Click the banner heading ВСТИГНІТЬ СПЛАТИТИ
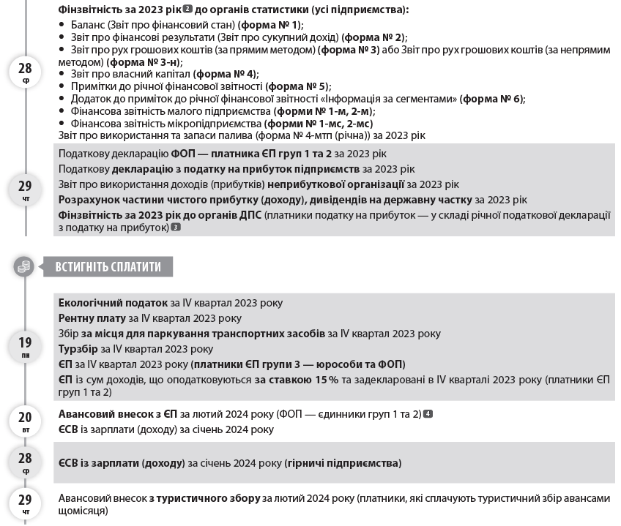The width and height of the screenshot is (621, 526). coord(108,267)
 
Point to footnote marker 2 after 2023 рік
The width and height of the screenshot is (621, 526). coord(187,10)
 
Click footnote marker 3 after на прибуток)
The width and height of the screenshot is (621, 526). coord(175,228)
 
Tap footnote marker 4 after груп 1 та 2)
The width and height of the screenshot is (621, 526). coord(428,414)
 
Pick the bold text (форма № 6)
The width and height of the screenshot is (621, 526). coord(492,99)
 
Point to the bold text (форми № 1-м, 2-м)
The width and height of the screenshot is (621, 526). coord(324,111)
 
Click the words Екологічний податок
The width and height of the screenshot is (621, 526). coord(113,303)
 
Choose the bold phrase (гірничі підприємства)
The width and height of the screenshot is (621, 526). coord(343,463)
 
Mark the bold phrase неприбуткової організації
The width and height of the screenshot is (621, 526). coord(336,184)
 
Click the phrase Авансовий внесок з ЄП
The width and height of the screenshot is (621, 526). coord(117,414)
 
